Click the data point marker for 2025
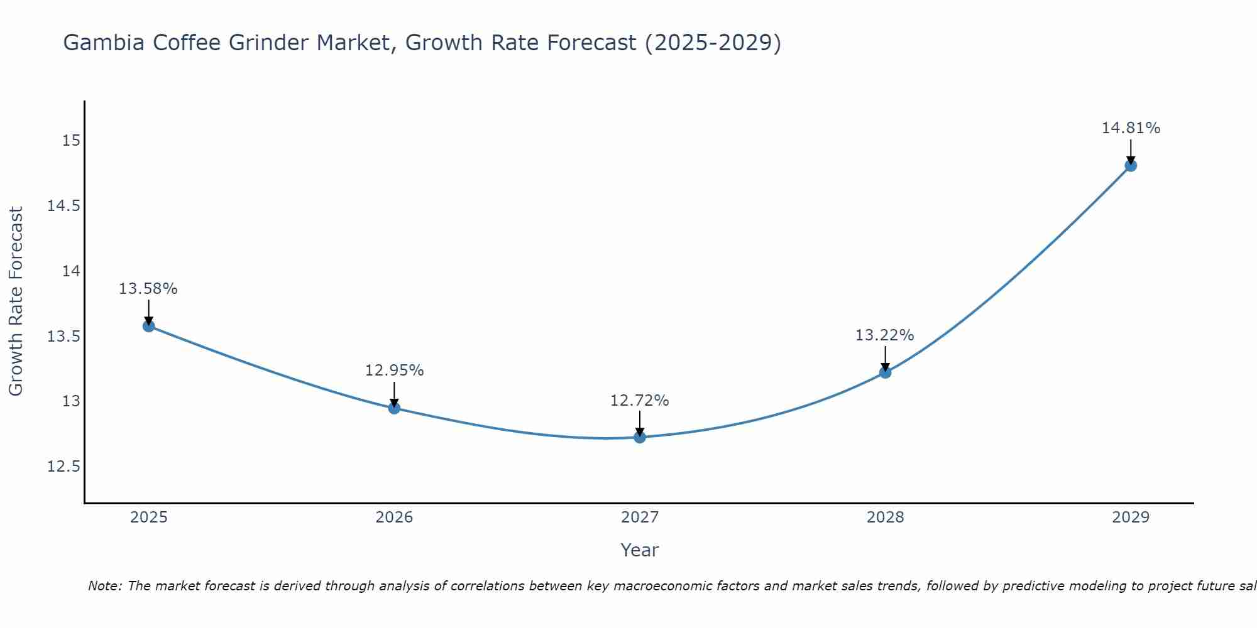coord(149,326)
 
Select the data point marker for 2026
coord(394,408)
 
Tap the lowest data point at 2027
coord(640,437)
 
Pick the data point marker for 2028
coord(885,372)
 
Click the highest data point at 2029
coord(1131,166)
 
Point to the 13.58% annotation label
coord(148,289)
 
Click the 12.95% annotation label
coord(394,371)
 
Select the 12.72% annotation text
coord(640,400)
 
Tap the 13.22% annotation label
coord(884,335)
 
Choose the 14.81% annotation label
coord(1131,128)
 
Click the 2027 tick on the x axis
coord(640,517)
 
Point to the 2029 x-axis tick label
coord(1131,517)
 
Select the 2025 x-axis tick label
coord(149,517)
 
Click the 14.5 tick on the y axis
coord(64,206)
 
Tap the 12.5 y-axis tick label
coord(64,467)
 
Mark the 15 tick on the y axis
coord(72,140)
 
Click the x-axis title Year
coord(640,550)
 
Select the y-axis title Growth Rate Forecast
coord(16,301)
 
